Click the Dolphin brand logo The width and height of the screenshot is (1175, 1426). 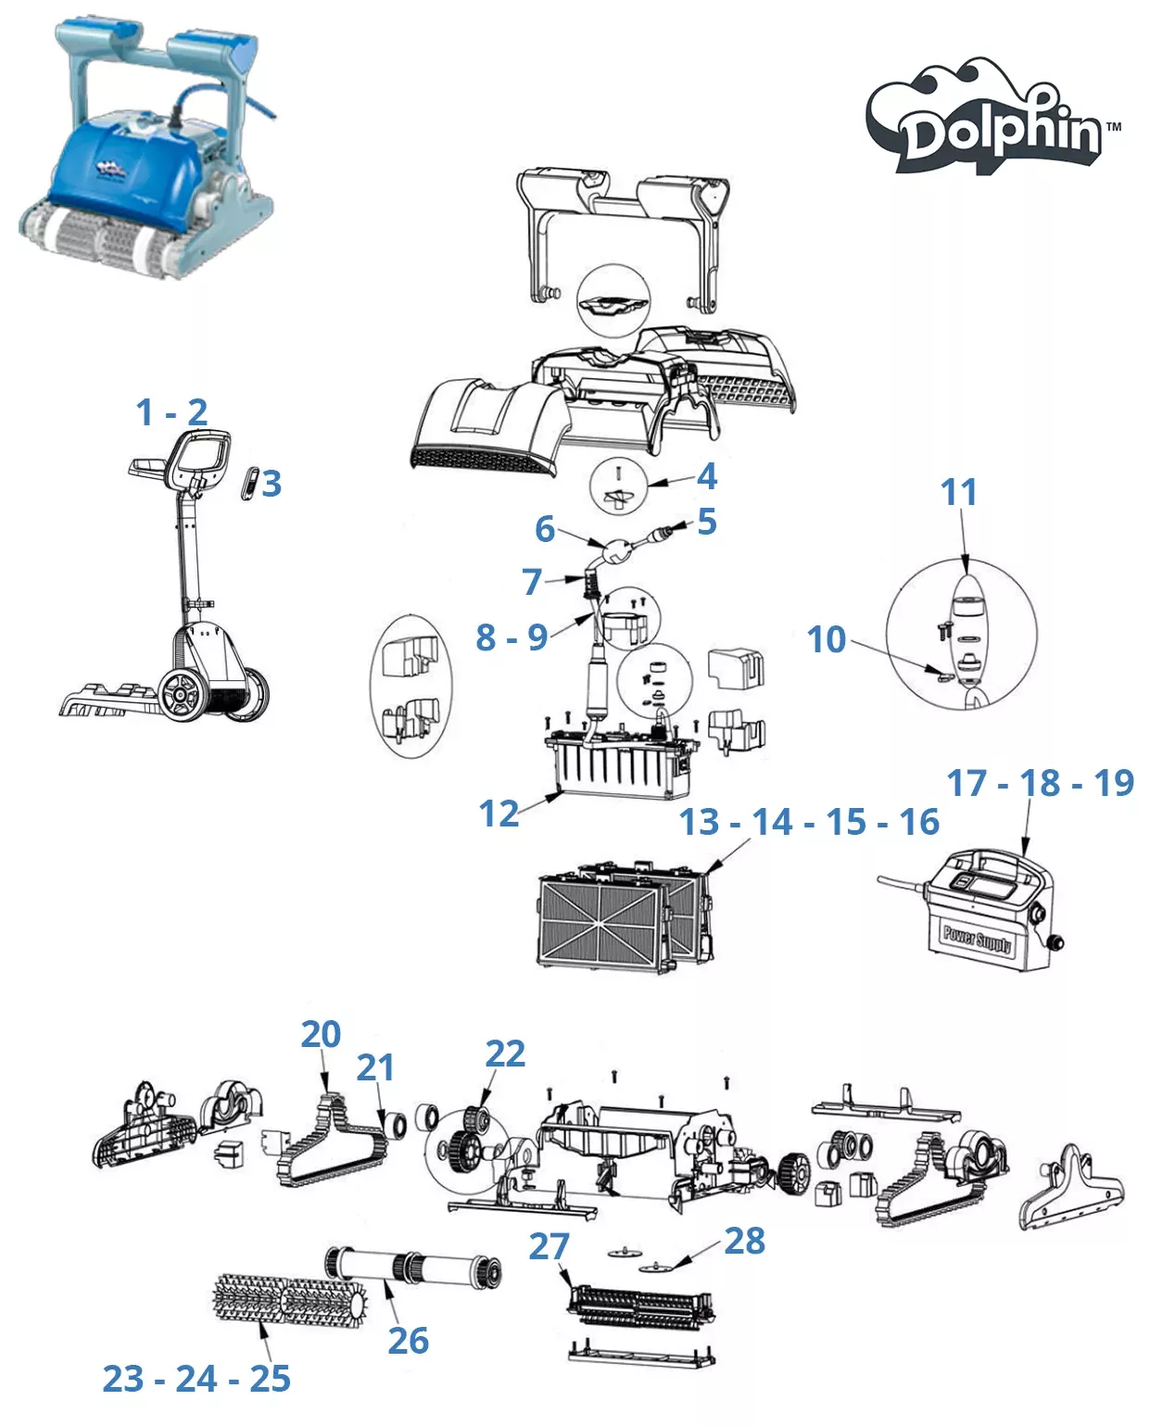point(992,120)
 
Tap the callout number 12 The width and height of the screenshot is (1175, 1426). point(499,814)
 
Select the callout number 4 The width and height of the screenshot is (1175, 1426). point(707,475)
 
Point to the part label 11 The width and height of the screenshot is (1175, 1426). point(959,492)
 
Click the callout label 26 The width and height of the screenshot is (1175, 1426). point(408,1340)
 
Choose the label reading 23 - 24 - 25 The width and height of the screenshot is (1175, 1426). point(196,1379)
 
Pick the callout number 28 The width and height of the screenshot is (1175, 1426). point(745,1241)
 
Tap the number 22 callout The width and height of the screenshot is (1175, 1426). point(505,1054)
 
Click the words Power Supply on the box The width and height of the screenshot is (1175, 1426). point(977,939)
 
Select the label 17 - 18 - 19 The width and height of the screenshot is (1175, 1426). point(1040,783)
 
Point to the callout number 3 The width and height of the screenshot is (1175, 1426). point(272,484)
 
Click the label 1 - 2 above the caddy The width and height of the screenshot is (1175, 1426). point(171,412)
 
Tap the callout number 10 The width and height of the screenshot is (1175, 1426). point(827,639)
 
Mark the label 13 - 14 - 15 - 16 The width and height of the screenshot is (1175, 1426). point(809,822)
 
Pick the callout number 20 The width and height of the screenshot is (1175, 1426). point(321,1034)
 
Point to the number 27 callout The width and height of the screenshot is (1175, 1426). point(549,1246)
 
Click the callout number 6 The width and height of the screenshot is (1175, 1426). point(545,529)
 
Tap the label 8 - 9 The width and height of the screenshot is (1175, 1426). point(512,637)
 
